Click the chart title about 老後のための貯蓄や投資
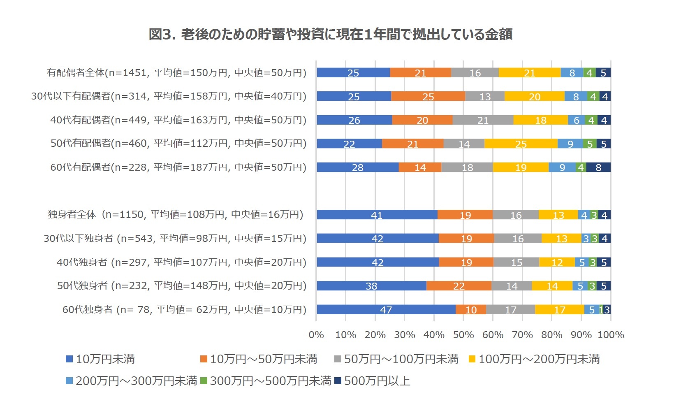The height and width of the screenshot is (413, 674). [x=330, y=34]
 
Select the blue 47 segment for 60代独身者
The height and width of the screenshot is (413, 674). [x=386, y=310]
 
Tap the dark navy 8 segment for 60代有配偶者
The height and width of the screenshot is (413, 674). [x=598, y=167]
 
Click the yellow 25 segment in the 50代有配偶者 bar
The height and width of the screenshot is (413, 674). [x=521, y=144]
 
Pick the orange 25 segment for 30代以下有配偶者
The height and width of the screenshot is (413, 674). [x=428, y=97]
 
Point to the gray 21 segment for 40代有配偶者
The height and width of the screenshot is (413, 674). [x=483, y=120]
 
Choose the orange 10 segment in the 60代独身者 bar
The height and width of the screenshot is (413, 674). [x=471, y=310]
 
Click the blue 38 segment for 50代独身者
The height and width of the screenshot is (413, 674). [x=371, y=286]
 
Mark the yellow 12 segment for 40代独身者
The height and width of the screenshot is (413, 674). [x=557, y=262]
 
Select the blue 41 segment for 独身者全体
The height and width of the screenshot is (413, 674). [x=377, y=215]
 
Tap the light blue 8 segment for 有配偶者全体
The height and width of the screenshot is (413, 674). [x=572, y=73]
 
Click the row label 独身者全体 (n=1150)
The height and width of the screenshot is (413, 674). [x=176, y=215]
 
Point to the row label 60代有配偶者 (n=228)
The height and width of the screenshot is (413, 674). [x=178, y=167]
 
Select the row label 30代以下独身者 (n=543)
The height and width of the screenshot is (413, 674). [x=175, y=239]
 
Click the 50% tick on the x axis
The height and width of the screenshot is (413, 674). [x=463, y=335]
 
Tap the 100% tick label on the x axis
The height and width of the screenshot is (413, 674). [x=610, y=335]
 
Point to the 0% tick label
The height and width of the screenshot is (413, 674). [x=316, y=335]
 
